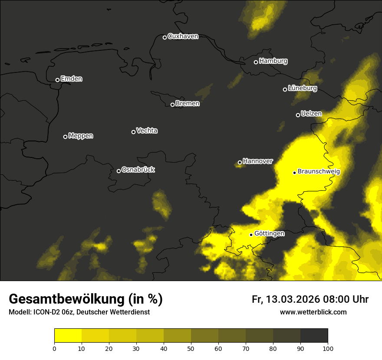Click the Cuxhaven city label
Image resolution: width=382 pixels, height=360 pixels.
(x=183, y=36)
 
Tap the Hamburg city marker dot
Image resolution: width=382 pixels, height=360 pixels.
(x=256, y=62)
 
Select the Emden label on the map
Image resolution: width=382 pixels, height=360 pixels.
(x=71, y=79)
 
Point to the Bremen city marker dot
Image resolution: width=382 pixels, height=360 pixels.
(x=172, y=105)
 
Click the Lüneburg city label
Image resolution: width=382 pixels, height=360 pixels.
(x=302, y=88)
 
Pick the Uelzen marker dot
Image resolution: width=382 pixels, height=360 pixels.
(x=298, y=115)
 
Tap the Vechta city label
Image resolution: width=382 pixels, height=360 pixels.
(x=147, y=131)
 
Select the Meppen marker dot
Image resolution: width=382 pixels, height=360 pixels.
(x=65, y=137)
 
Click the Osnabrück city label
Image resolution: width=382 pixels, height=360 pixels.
(x=138, y=170)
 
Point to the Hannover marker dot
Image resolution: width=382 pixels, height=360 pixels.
(x=240, y=163)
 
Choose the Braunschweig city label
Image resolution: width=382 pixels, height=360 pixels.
(x=319, y=172)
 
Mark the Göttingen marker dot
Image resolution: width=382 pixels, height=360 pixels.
(x=251, y=235)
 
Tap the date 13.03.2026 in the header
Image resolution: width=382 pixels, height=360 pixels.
(x=291, y=299)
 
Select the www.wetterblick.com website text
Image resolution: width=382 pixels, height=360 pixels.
(x=313, y=312)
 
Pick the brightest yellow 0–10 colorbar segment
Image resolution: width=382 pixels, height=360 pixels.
(x=68, y=335)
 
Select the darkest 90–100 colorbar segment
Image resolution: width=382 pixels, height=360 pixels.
(x=314, y=335)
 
